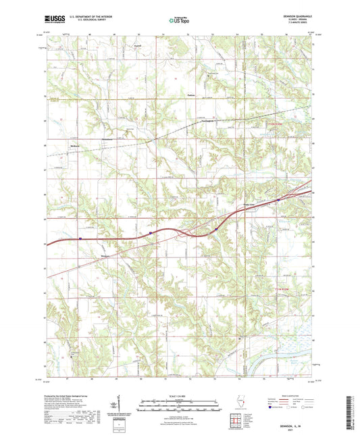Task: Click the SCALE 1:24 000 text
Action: click(x=179, y=396)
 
